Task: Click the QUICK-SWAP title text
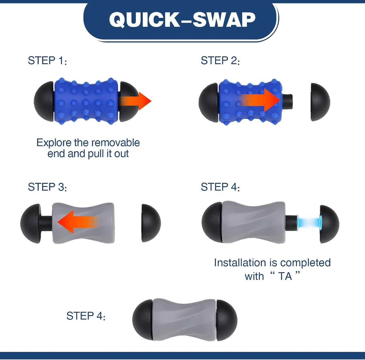[182, 20]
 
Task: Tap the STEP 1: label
[47, 60]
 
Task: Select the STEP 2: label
[220, 60]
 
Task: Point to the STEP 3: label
[47, 187]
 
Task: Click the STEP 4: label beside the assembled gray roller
[86, 316]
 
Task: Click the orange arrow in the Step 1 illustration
[135, 101]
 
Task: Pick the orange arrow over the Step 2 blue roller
[260, 100]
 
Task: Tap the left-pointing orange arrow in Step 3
[78, 222]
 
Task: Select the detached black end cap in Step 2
[320, 102]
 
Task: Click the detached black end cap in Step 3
[151, 223]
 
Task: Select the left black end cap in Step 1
[44, 101]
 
